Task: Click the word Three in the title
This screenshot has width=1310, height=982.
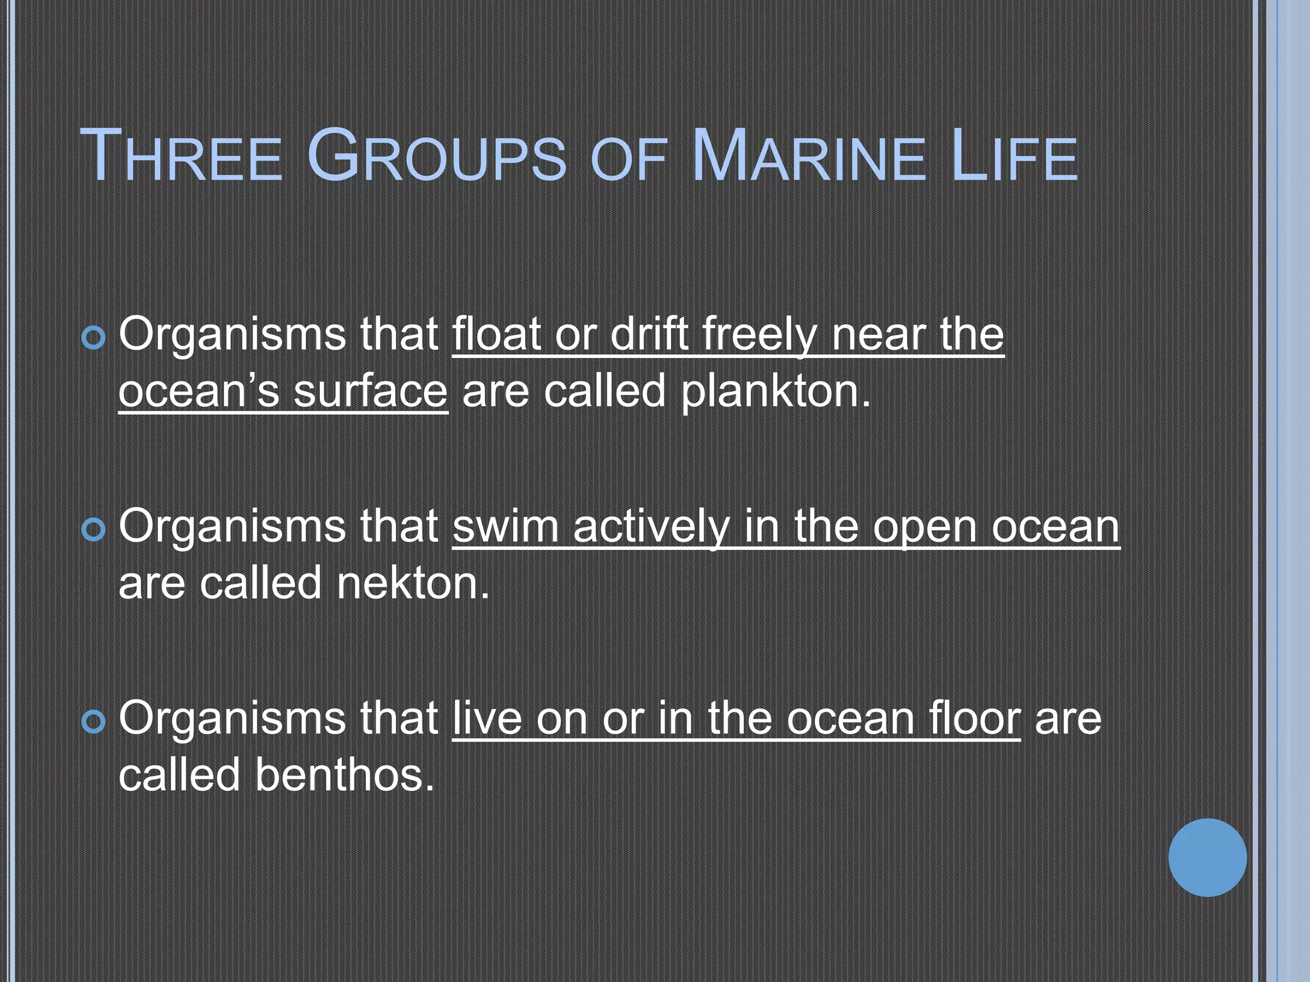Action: pyautogui.click(x=181, y=157)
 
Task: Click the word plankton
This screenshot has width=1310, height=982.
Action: pyautogui.click(x=775, y=391)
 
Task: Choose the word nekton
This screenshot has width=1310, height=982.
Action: pyautogui.click(x=413, y=583)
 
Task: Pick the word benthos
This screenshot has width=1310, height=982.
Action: pyautogui.click(x=345, y=775)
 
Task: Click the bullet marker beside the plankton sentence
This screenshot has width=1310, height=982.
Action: pyautogui.click(x=94, y=338)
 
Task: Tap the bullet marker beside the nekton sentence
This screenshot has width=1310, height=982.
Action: pyautogui.click(x=94, y=530)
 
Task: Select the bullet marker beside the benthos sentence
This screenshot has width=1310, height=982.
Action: pyautogui.click(x=94, y=722)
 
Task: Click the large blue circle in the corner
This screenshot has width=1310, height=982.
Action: pyautogui.click(x=1207, y=857)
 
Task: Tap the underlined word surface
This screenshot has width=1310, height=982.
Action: pyautogui.click(x=370, y=391)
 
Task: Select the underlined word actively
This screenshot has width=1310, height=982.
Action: pyautogui.click(x=651, y=527)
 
